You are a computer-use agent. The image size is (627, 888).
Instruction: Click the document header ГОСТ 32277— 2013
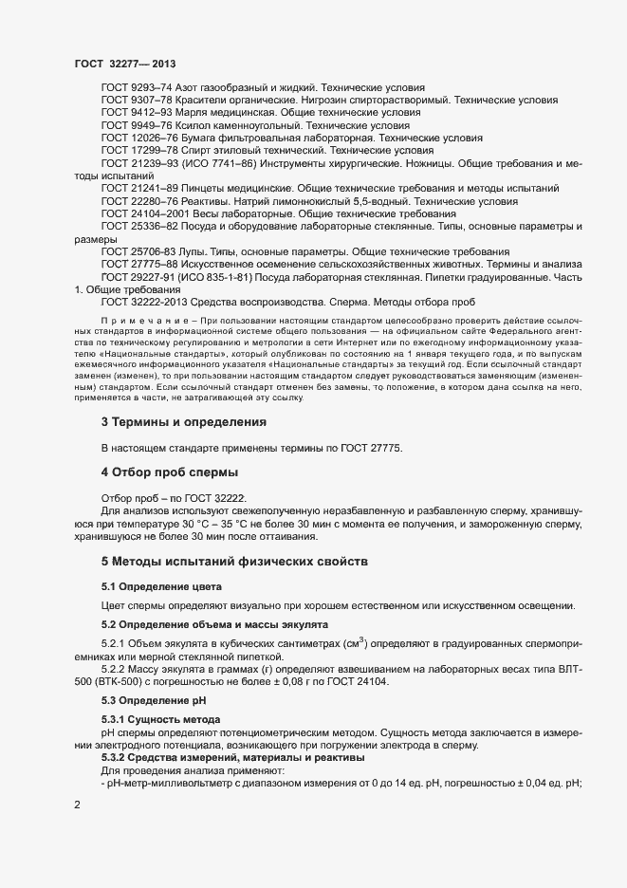click(124, 63)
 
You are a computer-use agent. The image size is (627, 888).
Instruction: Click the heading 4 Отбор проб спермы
click(168, 472)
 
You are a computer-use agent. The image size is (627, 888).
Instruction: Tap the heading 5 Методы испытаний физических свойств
click(232, 561)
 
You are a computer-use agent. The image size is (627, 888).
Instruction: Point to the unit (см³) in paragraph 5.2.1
click(354, 642)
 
